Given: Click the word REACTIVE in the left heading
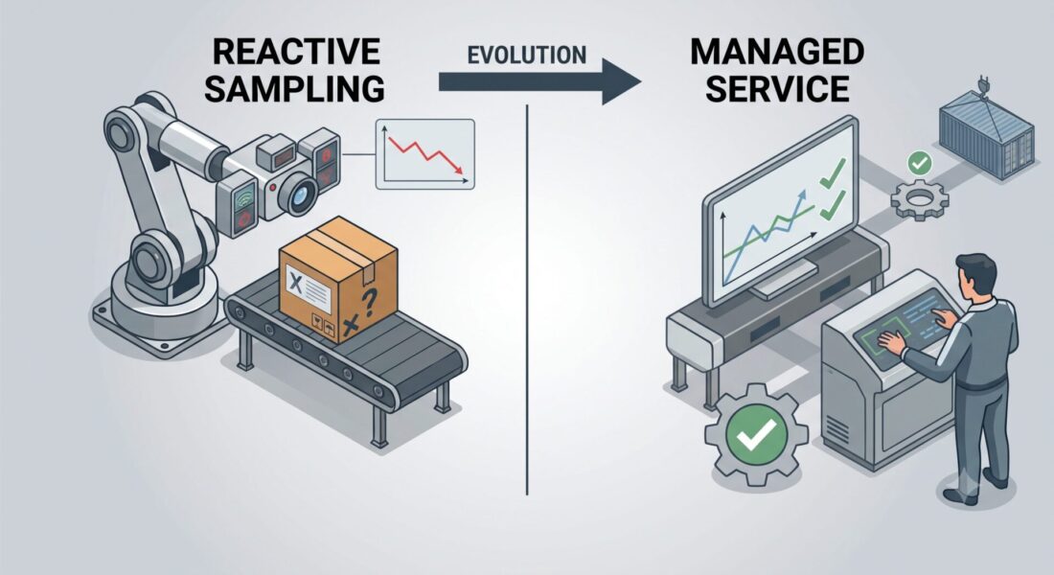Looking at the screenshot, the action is [x=296, y=51].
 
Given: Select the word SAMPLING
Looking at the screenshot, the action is [x=294, y=89].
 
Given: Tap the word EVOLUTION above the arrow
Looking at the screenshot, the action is [x=526, y=56].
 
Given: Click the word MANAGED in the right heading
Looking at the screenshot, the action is [x=776, y=51].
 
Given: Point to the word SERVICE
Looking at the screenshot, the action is [x=777, y=88].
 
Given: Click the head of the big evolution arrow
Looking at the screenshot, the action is [x=621, y=81].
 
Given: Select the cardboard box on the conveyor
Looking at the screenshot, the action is [x=338, y=278].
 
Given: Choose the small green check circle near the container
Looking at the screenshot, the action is [x=919, y=163].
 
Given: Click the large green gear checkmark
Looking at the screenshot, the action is [x=756, y=434].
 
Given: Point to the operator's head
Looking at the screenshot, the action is [x=974, y=274].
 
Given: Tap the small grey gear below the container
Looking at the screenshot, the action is [x=920, y=198].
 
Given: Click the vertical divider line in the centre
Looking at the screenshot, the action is [x=527, y=300].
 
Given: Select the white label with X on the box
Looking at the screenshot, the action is [x=308, y=287].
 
